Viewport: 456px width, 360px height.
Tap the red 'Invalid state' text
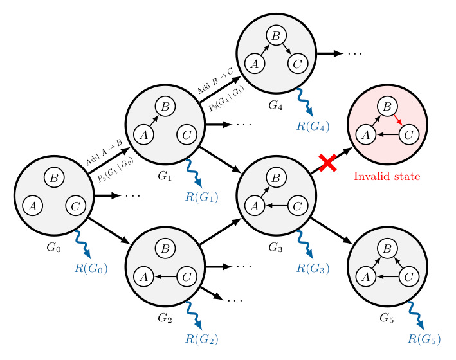[x=387, y=175]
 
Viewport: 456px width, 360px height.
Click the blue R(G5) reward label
[x=424, y=338]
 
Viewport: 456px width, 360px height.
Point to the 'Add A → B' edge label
[x=103, y=152]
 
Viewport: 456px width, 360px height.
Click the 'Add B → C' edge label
[x=214, y=86]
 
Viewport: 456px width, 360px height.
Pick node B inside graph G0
[x=53, y=177]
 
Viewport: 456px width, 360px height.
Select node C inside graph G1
[x=187, y=135]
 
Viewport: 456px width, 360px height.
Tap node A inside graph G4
[x=255, y=64]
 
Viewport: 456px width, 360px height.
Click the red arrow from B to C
[x=399, y=120]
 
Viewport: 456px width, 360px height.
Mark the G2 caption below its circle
[x=165, y=318]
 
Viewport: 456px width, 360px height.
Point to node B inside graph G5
[x=387, y=248]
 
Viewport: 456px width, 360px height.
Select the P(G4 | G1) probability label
[x=226, y=102]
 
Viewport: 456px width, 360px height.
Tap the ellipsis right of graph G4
[x=355, y=53]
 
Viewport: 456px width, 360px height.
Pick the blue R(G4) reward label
[x=313, y=126]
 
